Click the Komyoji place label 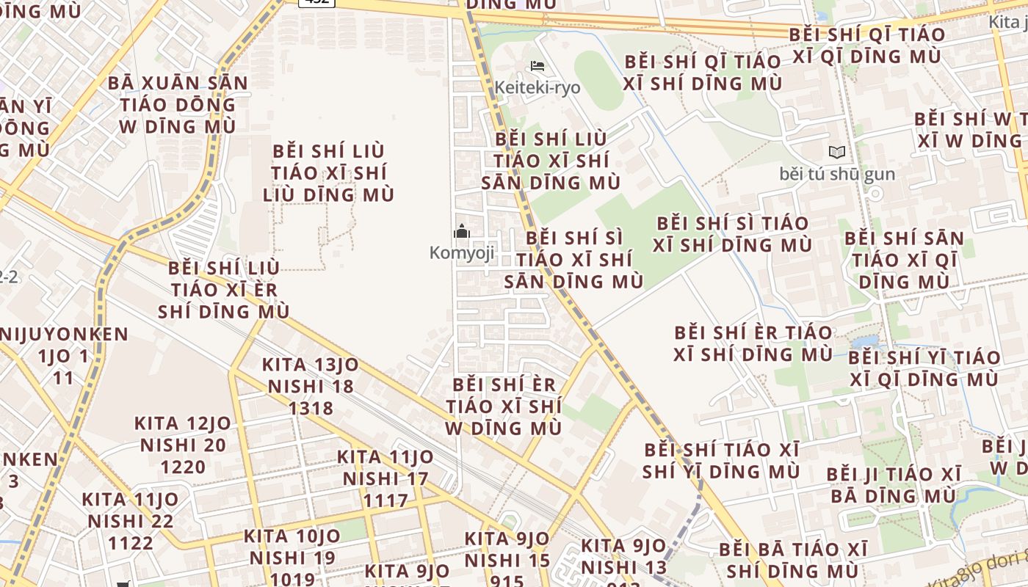click(x=461, y=253)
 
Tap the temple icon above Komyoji click(x=461, y=232)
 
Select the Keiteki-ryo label click(x=537, y=88)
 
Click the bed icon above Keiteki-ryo click(x=537, y=66)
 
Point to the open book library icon click(x=836, y=153)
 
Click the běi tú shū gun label click(x=836, y=175)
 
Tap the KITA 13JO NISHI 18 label click(x=311, y=387)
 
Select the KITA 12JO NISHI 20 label click(x=183, y=445)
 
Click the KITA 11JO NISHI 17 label click(x=385, y=479)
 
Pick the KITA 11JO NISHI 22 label click(x=131, y=522)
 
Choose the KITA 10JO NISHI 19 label click(x=292, y=558)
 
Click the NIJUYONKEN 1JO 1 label click(x=64, y=357)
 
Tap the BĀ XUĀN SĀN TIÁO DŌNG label click(x=178, y=104)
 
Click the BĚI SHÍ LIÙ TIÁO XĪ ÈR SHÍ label click(x=223, y=290)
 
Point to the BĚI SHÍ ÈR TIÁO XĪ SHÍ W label click(x=504, y=406)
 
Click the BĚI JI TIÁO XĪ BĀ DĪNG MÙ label click(x=894, y=485)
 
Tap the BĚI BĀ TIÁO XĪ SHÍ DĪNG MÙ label click(x=793, y=560)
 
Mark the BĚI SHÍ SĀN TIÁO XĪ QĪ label click(x=904, y=260)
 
